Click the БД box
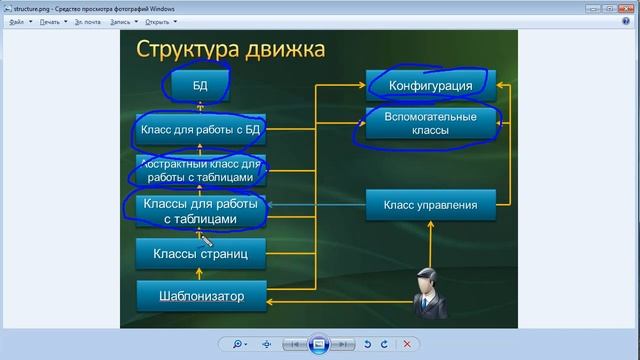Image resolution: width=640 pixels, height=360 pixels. point(200,85)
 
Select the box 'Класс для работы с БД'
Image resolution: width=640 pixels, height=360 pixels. point(200,130)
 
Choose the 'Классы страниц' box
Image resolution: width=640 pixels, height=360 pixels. point(200,254)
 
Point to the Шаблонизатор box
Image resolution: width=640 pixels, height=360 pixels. point(200,296)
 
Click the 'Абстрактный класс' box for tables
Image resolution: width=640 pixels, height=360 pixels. point(200,170)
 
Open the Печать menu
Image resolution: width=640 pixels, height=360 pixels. point(52,20)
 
